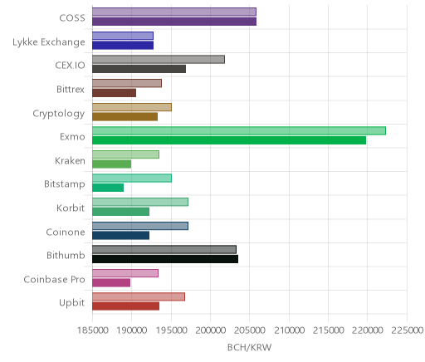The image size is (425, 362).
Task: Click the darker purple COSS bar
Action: [174, 22]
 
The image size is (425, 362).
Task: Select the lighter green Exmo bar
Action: [239, 130]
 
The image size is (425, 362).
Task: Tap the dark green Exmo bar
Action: [229, 140]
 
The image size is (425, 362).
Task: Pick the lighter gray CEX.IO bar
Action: [159, 59]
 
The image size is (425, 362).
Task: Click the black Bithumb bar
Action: [165, 259]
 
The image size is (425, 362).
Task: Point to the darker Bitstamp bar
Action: [108, 188]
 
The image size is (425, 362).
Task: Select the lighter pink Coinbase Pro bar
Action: [125, 273]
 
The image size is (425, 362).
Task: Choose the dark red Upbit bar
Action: [126, 306]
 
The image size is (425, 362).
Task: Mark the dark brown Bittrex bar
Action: [115, 93]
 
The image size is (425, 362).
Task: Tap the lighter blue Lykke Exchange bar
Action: [123, 36]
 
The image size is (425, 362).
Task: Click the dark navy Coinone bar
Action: [121, 236]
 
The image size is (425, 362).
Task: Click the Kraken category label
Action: [70, 160]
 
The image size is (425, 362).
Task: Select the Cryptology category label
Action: [59, 114]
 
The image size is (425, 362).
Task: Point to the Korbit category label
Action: [71, 208]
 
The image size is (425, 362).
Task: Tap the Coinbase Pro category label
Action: [54, 279]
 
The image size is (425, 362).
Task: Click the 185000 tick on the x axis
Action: [92, 330]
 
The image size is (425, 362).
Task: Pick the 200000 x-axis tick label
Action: [211, 330]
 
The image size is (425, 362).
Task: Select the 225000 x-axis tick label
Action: [407, 330]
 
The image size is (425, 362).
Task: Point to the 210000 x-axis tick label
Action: [290, 330]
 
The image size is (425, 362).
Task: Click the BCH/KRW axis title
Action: [250, 347]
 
